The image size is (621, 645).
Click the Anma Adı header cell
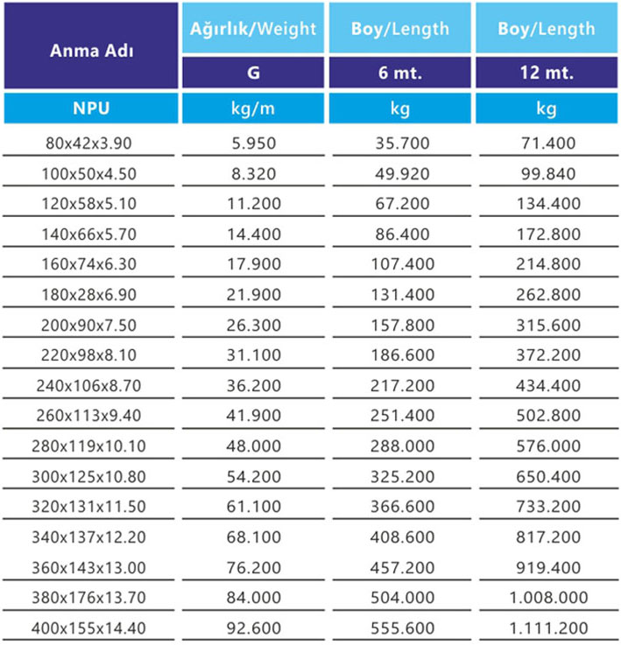click(x=91, y=46)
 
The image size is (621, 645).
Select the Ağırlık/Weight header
click(x=253, y=27)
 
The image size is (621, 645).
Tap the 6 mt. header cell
click(x=400, y=73)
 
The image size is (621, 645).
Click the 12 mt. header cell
click(x=547, y=73)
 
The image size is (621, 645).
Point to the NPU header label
click(x=91, y=109)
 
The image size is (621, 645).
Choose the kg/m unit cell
click(x=253, y=109)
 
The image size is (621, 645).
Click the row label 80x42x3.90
click(x=88, y=144)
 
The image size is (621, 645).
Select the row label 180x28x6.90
click(x=88, y=295)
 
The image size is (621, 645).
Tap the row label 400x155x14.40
click(x=88, y=628)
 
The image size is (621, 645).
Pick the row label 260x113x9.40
click(x=88, y=416)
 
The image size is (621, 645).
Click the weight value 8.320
click(x=254, y=173)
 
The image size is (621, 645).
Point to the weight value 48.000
click(x=254, y=446)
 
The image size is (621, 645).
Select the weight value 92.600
click(x=254, y=628)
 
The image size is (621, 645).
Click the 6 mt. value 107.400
click(x=403, y=264)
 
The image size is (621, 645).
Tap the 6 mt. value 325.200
click(x=403, y=477)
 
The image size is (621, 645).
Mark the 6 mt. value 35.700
click(x=403, y=144)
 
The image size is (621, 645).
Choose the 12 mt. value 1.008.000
click(x=548, y=598)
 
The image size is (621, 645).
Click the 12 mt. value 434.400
click(x=548, y=385)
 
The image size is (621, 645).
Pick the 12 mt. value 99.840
click(x=548, y=173)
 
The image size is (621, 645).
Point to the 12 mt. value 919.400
click(x=548, y=568)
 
